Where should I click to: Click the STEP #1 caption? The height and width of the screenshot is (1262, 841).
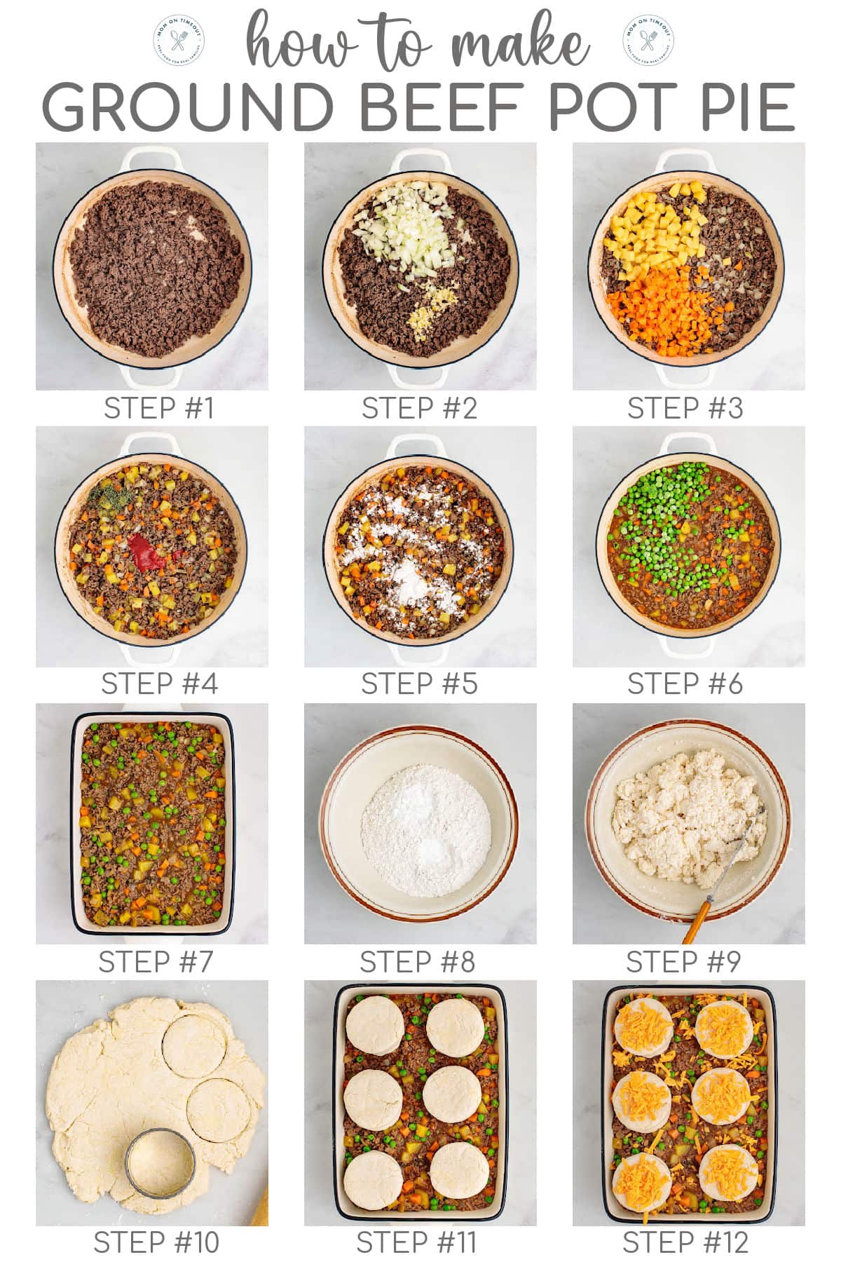(x=158, y=408)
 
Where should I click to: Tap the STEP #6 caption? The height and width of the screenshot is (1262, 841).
(x=685, y=684)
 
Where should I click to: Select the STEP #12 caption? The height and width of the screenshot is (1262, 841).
(x=685, y=1242)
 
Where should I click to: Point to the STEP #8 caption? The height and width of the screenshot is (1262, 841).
(x=418, y=962)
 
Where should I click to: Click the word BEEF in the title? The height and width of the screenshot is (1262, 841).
(x=439, y=107)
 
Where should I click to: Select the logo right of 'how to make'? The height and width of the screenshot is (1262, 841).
(x=648, y=39)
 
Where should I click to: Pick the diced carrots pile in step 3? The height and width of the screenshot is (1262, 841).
(x=655, y=305)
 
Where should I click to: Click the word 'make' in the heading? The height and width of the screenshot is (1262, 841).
(x=519, y=43)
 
